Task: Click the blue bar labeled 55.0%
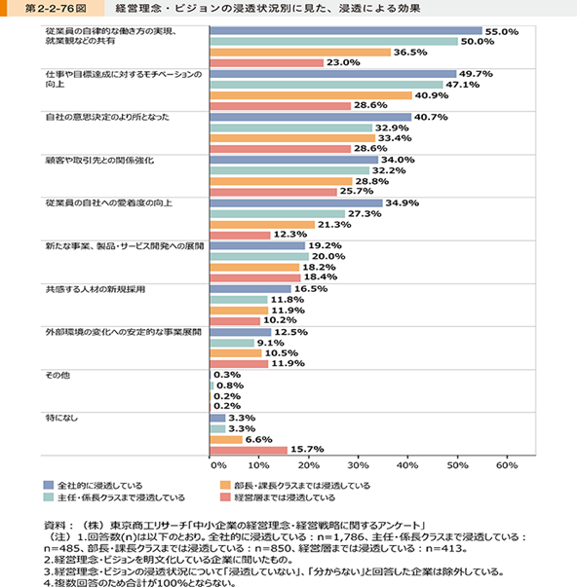tap(346, 31)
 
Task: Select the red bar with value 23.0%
tap(266, 63)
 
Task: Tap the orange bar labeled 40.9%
tap(311, 95)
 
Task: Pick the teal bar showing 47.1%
tap(327, 85)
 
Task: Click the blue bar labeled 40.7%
tap(311, 117)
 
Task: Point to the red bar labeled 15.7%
tap(249, 450)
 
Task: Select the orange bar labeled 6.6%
tap(226, 439)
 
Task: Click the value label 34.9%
tap(403, 202)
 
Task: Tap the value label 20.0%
tap(328, 256)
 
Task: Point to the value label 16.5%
tap(311, 289)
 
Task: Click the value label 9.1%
tap(270, 343)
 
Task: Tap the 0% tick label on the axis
tap(218, 465)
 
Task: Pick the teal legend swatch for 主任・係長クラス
tap(49, 497)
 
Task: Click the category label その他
tap(58, 375)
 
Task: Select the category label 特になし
tap(61, 418)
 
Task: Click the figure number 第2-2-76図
tap(56, 8)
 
